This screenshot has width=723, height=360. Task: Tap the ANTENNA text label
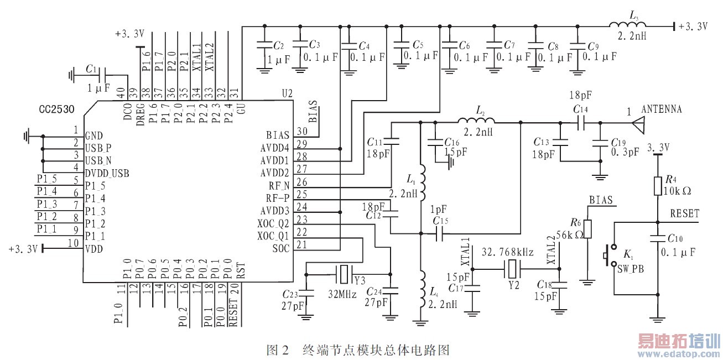coord(661,109)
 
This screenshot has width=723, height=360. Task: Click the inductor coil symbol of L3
coord(626,25)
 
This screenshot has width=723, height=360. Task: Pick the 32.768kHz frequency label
coord(507,252)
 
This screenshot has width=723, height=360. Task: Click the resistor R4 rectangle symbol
coord(658,185)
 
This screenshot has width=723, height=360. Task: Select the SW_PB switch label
coord(633,268)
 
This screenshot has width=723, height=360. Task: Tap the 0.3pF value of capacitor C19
coord(623,150)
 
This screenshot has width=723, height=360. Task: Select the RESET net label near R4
coord(684,213)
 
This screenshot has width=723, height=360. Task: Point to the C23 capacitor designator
coord(290,294)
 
